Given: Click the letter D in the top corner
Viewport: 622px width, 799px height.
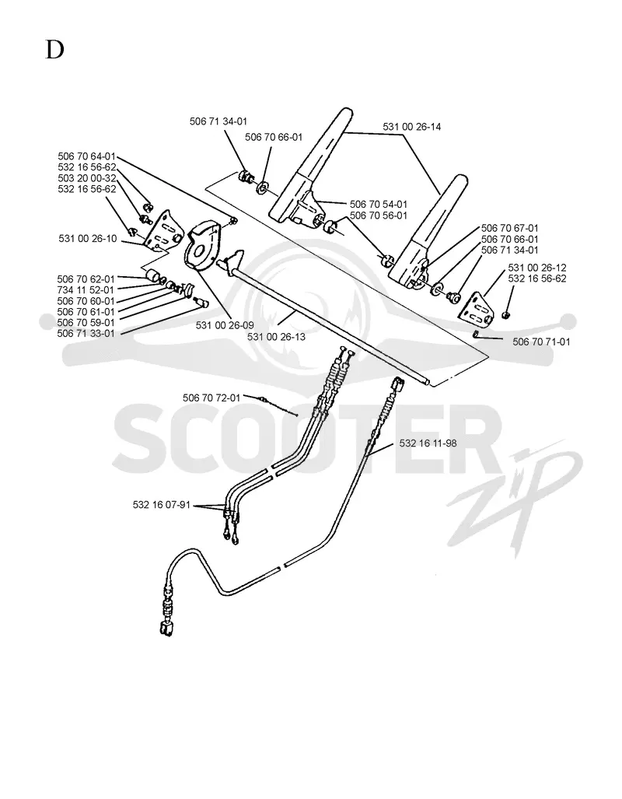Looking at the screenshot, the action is pos(55,50).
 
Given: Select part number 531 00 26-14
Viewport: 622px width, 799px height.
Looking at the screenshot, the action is pos(411,126).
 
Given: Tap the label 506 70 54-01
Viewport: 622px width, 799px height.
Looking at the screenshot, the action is pos(379,205).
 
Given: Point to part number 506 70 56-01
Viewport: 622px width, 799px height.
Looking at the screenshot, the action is pos(379,216).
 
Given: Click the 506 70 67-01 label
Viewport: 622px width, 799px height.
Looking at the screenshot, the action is pos(509,228).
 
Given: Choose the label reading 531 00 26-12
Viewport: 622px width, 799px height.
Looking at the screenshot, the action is pos(537,268).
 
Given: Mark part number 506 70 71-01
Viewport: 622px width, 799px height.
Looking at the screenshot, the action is pos(541,342).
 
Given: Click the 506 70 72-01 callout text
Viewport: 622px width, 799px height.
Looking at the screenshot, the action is pos(211,398).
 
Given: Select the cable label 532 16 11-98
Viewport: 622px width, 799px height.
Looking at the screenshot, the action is pos(428,443).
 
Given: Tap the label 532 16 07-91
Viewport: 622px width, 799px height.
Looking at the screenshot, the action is pos(162,505).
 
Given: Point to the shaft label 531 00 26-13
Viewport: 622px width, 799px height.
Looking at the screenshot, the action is pos(277,336).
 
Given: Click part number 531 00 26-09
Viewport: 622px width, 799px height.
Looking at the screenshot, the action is pos(225,325).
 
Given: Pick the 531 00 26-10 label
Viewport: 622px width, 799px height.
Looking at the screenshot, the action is pos(88,239).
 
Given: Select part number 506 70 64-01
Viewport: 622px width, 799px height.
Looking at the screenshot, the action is pos(86,156).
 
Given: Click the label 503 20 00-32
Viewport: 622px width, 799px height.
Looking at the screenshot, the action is pos(86,178).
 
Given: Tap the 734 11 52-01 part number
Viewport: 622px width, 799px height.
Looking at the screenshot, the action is pos(86,290).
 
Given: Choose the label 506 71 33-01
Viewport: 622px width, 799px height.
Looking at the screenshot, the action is pos(86,334).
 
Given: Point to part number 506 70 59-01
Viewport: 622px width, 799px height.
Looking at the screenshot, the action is pos(86,323).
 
